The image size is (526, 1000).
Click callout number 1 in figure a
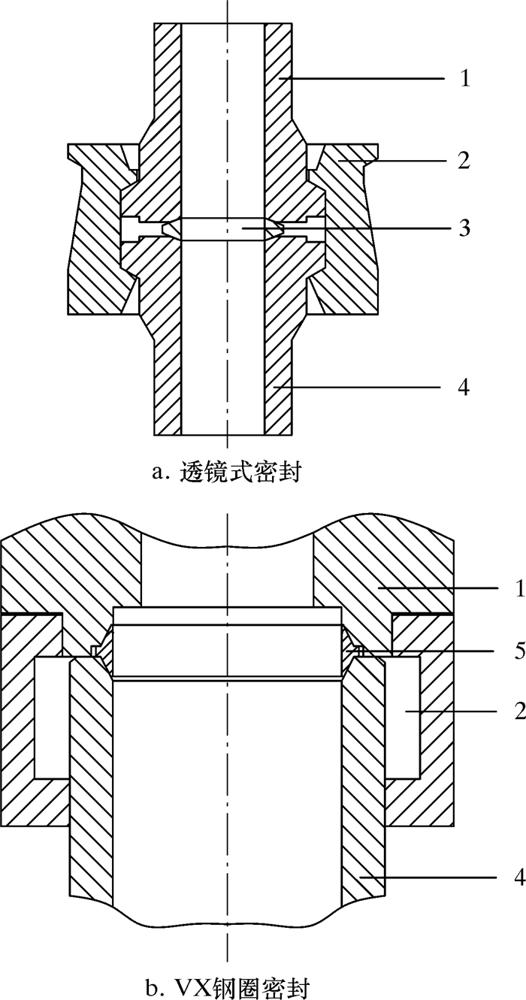465,78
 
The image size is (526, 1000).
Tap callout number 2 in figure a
465,160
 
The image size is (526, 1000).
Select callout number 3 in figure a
465,228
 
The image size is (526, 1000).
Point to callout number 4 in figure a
465,388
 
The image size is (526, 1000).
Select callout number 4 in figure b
518,878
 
